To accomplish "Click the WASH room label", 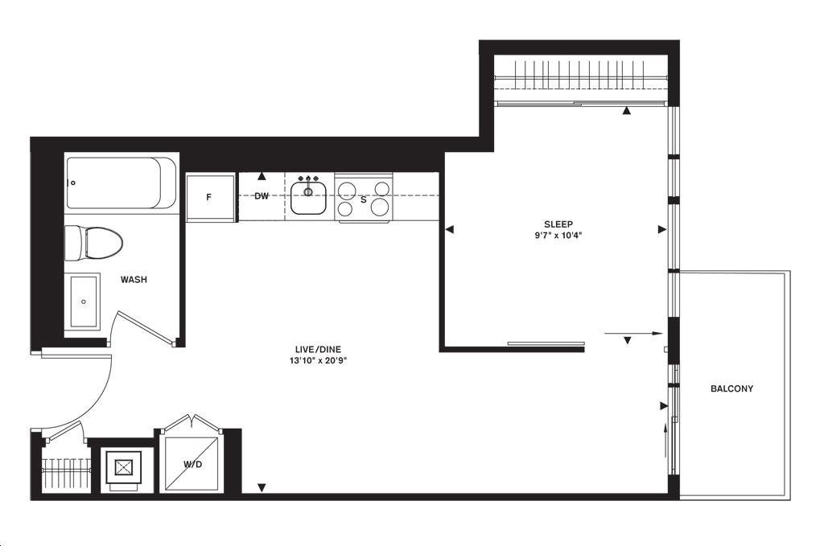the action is click(x=134, y=280).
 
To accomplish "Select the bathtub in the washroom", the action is click(x=121, y=183).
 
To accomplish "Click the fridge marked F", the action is click(x=210, y=197).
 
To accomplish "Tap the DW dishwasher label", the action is click(x=262, y=196).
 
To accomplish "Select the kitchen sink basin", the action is click(x=308, y=197).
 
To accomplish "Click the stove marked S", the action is click(x=363, y=198).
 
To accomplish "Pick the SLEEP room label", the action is click(x=558, y=224).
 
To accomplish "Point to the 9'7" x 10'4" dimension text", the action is click(x=558, y=236).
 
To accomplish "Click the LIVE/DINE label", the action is click(x=318, y=349).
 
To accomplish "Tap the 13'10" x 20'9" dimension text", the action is click(x=318, y=361).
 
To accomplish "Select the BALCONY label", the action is click(x=731, y=389).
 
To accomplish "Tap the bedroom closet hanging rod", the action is click(x=581, y=78).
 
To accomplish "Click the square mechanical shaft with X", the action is click(x=124, y=467).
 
